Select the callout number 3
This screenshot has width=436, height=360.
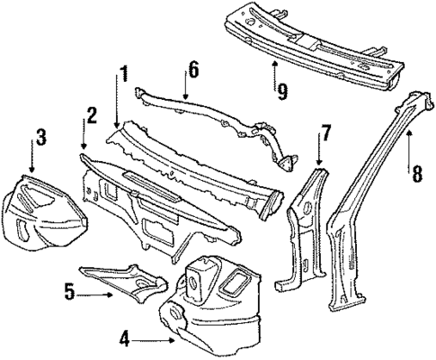tap(40, 138)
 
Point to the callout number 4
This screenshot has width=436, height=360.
tap(127, 339)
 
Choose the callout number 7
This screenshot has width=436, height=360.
tap(326, 133)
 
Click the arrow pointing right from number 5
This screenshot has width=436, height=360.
tap(94, 292)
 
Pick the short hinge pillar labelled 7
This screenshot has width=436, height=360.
tap(303, 225)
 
